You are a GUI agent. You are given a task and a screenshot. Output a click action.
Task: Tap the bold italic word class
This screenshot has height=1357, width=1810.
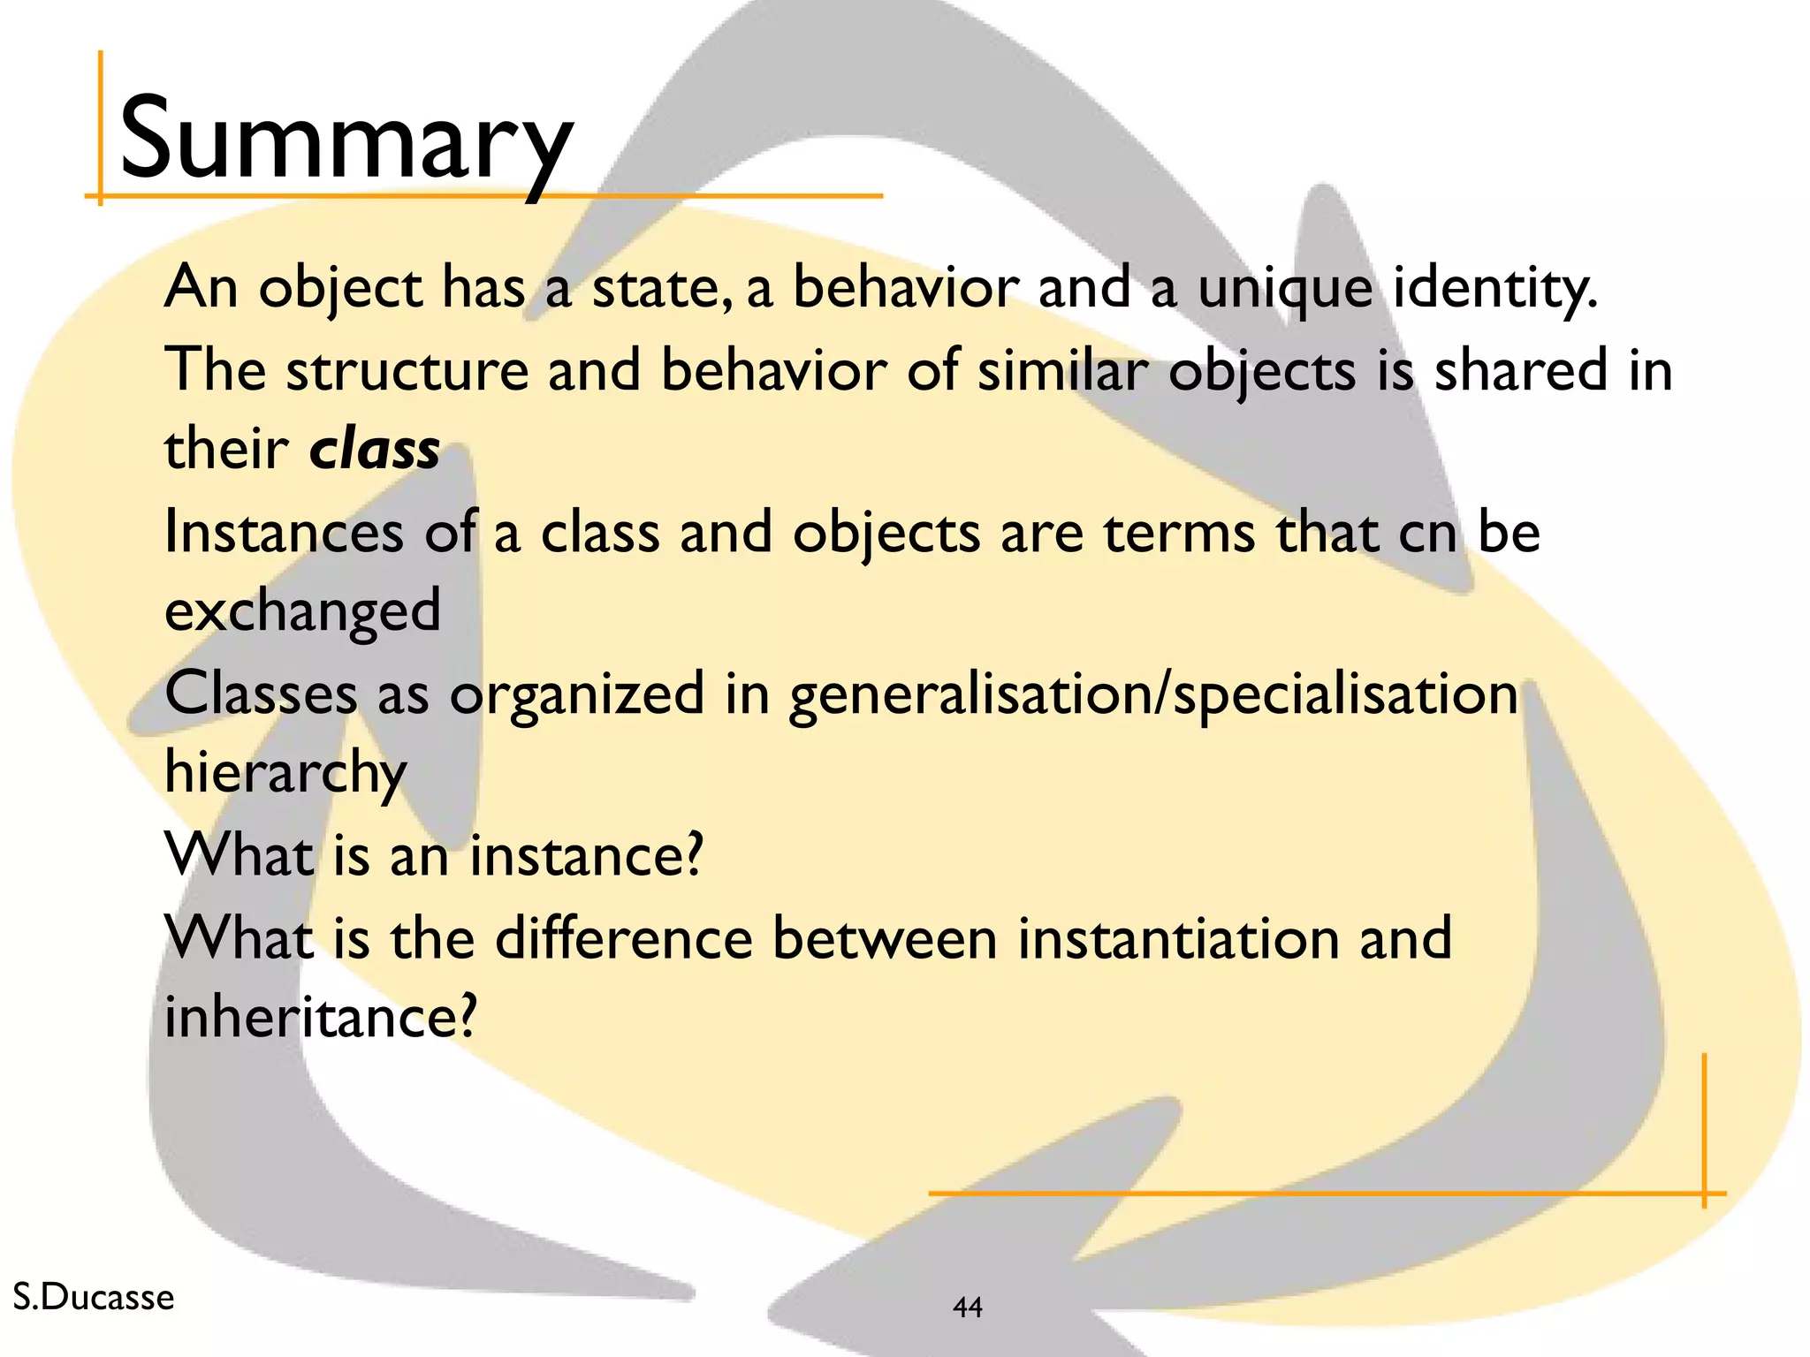tap(374, 449)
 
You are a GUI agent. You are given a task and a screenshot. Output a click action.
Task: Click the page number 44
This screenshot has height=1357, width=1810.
tap(968, 1307)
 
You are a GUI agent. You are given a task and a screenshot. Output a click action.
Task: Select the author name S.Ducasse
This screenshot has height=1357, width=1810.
tap(94, 1297)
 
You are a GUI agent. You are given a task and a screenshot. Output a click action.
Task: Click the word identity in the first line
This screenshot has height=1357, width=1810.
tap(1494, 288)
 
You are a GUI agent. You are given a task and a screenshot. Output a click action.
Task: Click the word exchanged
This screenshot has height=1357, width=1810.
tap(302, 611)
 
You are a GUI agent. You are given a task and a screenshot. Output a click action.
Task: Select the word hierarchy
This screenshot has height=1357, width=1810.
tap(285, 773)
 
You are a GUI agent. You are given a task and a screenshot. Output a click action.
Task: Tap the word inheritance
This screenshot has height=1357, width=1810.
tap(320, 1017)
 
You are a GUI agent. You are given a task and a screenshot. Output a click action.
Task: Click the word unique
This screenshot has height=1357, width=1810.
tap(1285, 289)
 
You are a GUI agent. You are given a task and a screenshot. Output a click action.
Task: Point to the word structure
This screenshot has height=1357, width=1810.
tap(407, 369)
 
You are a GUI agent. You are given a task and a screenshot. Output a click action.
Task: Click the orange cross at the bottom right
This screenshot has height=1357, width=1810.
tap(1703, 1194)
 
